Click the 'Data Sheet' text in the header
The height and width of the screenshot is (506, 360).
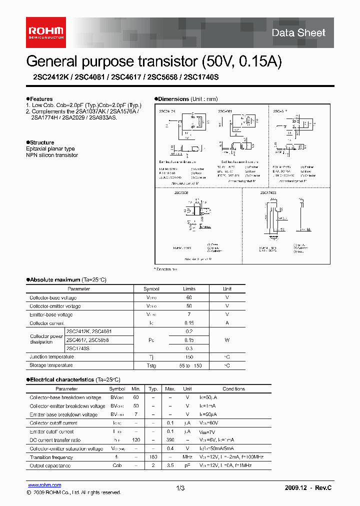pos(298,33)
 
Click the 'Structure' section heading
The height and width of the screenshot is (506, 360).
pos(41,142)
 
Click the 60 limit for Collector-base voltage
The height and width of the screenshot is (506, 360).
pos(189,297)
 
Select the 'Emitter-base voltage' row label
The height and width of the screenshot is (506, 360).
pos(51,315)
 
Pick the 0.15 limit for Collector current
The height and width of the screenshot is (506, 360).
pos(189,323)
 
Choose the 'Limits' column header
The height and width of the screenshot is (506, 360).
pos(189,289)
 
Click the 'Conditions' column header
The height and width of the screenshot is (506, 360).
pos(233,389)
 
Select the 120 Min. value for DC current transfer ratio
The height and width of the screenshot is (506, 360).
pos(135,440)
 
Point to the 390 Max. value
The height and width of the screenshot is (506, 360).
pos(170,440)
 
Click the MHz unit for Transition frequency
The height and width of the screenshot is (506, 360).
pos(187,457)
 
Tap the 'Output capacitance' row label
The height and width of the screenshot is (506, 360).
pos(50,465)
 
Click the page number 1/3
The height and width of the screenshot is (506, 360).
pos(180,487)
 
